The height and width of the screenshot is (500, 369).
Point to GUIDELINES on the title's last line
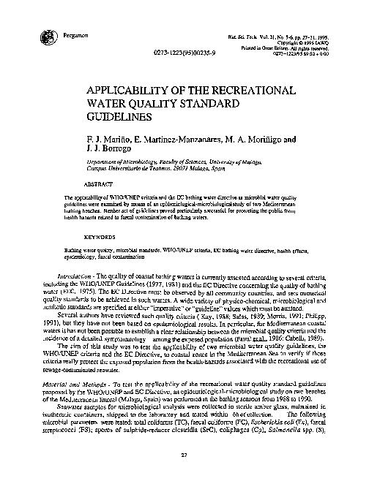(119, 115)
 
